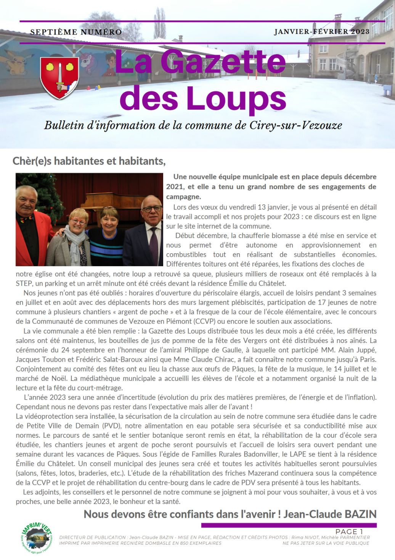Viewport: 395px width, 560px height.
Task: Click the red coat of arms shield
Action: (x=59, y=78)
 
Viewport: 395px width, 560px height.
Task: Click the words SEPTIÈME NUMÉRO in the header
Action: (x=76, y=32)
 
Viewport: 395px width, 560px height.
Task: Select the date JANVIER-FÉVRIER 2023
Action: (x=321, y=32)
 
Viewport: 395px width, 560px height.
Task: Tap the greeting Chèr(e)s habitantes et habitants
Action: (x=89, y=161)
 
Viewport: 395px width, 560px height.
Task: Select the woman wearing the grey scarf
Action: (x=74, y=237)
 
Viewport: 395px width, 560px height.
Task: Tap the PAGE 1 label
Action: (x=349, y=531)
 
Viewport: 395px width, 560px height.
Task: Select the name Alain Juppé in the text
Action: (x=358, y=350)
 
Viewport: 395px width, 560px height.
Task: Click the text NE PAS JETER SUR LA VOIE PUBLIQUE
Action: (x=326, y=543)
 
